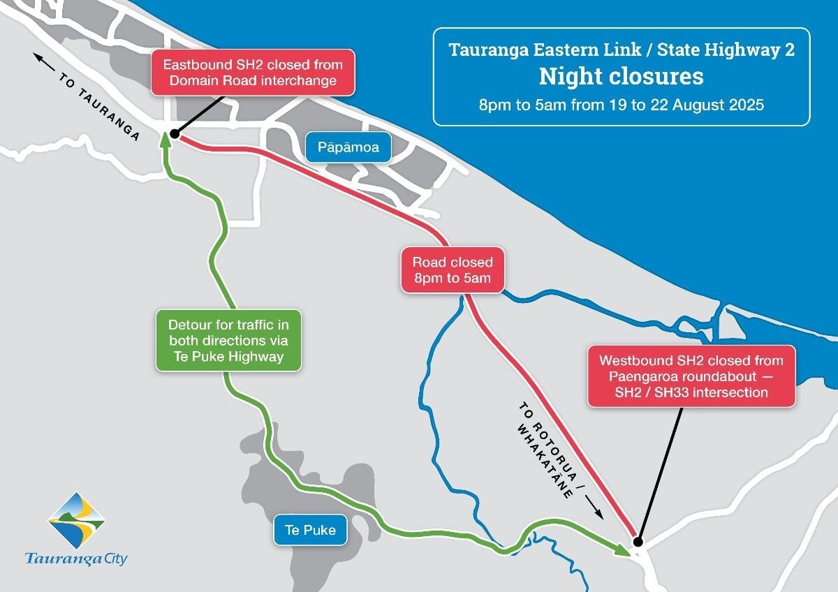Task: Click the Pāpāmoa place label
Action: click(348, 148)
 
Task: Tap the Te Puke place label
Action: click(310, 530)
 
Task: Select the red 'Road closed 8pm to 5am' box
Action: click(452, 270)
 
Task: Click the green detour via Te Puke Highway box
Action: click(228, 341)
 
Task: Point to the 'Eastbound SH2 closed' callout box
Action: click(253, 73)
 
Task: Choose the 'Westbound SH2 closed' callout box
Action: click(691, 376)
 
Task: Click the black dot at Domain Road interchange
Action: click(174, 133)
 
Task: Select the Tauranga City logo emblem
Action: click(76, 519)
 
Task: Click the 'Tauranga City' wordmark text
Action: click(76, 558)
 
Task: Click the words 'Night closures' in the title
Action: click(621, 76)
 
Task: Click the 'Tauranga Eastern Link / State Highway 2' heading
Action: click(621, 50)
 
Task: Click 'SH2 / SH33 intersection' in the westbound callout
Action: click(691, 392)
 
